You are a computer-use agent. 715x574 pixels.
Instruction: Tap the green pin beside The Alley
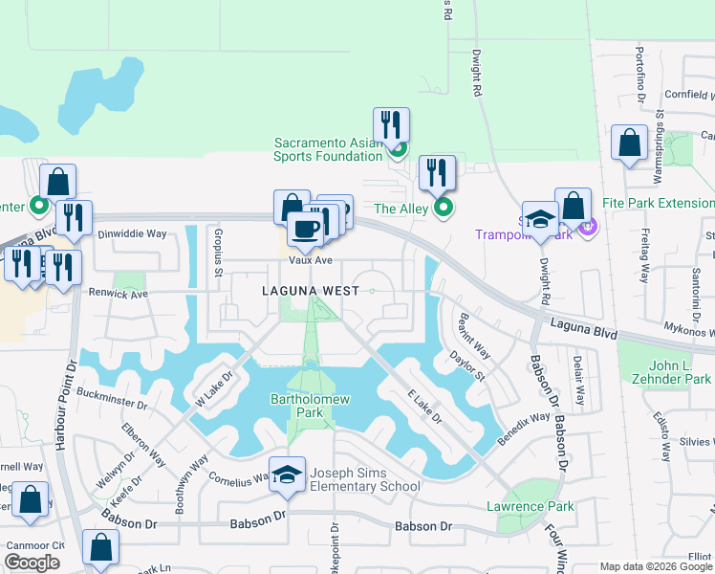click(x=442, y=208)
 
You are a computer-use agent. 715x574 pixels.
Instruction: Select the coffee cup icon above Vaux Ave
click(x=305, y=230)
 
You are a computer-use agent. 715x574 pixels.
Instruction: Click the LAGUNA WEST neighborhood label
click(x=304, y=290)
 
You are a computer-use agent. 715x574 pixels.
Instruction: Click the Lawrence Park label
click(x=529, y=506)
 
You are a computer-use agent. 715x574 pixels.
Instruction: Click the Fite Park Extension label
click(x=659, y=203)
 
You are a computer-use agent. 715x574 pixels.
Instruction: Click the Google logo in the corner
click(x=32, y=563)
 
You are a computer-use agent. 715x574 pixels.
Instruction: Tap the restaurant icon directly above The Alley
click(x=437, y=172)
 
